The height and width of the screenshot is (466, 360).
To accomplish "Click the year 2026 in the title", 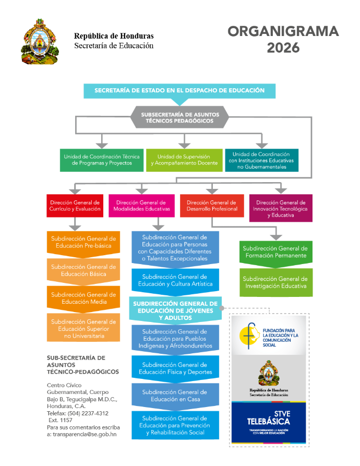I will click(x=283, y=48).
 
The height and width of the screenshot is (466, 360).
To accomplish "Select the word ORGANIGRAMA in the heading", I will click(x=283, y=31).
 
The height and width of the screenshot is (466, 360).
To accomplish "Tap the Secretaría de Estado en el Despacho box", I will click(x=179, y=91).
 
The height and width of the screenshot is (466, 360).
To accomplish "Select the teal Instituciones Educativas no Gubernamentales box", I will click(x=261, y=160).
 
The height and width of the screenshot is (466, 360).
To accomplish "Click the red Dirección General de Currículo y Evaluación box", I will click(x=75, y=206).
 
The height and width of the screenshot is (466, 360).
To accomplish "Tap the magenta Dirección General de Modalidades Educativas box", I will click(x=141, y=206).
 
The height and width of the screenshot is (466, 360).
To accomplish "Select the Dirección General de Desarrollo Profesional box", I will click(x=212, y=206).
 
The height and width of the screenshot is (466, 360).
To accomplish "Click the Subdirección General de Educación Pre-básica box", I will click(x=83, y=242).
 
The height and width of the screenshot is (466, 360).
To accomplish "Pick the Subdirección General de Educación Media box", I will click(x=83, y=298).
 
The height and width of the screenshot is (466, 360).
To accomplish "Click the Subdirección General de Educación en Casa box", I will click(x=174, y=396).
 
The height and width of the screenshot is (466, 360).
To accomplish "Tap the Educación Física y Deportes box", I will click(x=174, y=368).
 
